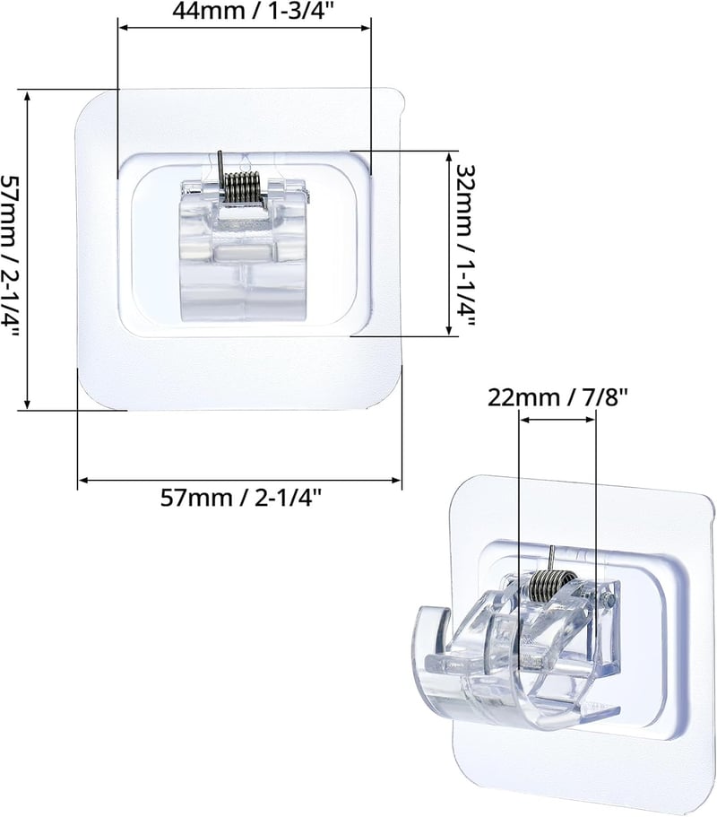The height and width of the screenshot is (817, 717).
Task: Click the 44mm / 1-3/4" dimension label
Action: [252, 11]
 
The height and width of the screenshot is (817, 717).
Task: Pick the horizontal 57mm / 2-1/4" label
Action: [240, 498]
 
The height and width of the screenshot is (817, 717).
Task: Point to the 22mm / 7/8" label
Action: [557, 398]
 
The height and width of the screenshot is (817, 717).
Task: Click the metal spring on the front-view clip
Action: [242, 187]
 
